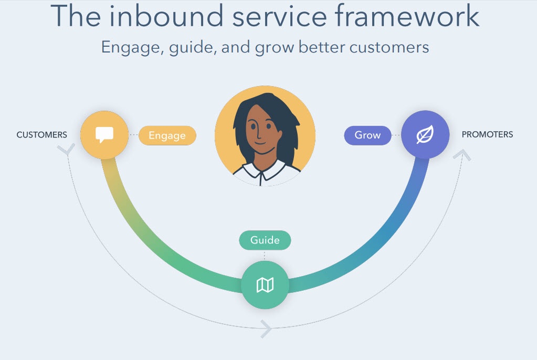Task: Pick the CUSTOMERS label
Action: (42, 135)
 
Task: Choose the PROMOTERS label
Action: (487, 134)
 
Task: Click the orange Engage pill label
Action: (167, 135)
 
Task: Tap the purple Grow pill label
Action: (367, 135)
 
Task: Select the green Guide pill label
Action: (265, 240)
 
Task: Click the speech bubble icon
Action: (104, 135)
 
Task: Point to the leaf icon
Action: (425, 135)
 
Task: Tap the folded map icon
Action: (265, 285)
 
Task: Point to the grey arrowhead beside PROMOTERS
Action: (464, 155)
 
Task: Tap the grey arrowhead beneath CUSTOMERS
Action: (66, 151)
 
